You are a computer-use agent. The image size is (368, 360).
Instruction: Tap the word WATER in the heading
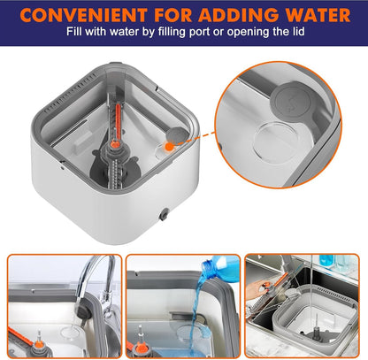click(x=312, y=15)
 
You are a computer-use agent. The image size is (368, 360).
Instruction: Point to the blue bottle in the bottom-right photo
click(x=326, y=261)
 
